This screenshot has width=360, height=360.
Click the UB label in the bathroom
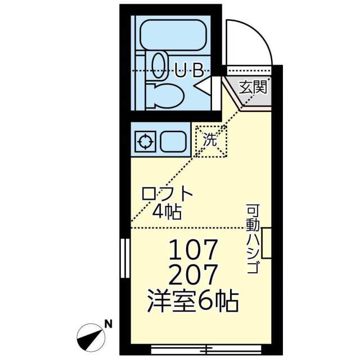[x=189, y=70]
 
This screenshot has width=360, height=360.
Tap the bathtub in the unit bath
[x=173, y=35]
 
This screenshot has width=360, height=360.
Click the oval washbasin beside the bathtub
[x=159, y=66]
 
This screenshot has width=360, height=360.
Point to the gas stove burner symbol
[x=145, y=141]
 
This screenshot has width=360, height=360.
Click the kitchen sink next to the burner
[x=173, y=141]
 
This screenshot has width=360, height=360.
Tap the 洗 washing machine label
[x=210, y=140]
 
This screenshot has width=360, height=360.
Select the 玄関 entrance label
[x=253, y=87]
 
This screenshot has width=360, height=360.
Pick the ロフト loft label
[x=167, y=193]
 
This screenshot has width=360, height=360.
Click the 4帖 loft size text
[x=167, y=211]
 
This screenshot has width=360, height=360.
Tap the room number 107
[x=193, y=249]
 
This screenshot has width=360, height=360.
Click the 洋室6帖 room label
[x=193, y=301]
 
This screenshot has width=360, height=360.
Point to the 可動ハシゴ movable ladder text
[x=253, y=238]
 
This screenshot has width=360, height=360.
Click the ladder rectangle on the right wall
[x=267, y=243]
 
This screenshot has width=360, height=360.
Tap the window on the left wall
[x=125, y=258]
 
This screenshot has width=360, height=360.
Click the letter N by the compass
[x=108, y=325]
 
